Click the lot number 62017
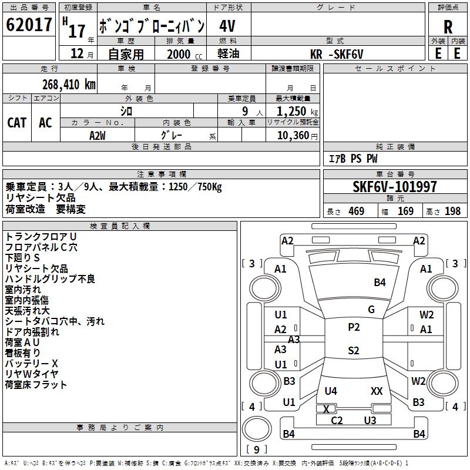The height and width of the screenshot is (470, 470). (x=29, y=26)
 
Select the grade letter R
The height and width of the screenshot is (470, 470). (x=448, y=26)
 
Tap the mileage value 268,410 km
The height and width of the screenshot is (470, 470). (x=69, y=85)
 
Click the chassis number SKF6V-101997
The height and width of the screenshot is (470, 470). (x=395, y=187)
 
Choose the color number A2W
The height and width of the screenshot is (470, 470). (x=98, y=135)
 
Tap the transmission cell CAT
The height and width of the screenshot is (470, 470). (x=17, y=122)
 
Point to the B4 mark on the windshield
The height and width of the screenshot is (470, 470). (x=380, y=283)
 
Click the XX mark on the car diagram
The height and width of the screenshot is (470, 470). (x=377, y=391)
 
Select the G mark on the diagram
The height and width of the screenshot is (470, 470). (x=371, y=310)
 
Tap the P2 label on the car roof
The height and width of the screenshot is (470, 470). (x=354, y=327)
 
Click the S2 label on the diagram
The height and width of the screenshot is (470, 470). (x=354, y=351)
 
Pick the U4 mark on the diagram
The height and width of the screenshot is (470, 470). (x=331, y=391)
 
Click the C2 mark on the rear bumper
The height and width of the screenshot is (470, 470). (x=337, y=420)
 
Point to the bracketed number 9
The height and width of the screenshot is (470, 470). (x=257, y=449)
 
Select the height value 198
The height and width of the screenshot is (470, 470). (x=452, y=211)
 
